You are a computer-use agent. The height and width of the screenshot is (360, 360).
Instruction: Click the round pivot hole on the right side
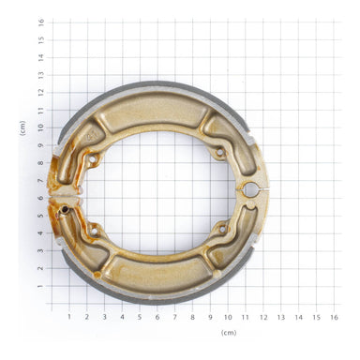click(x=250, y=190)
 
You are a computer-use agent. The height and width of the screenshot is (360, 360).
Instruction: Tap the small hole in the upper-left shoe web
click(x=92, y=161)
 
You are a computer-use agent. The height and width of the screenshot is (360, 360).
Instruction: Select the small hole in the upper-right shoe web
click(x=219, y=151)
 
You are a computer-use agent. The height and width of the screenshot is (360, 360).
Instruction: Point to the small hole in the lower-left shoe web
click(x=93, y=231)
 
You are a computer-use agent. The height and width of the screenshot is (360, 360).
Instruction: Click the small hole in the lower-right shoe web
click(x=222, y=228)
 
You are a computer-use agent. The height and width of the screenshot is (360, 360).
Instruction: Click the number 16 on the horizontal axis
click(x=334, y=317)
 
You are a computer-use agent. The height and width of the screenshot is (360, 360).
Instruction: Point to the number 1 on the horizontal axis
click(x=68, y=317)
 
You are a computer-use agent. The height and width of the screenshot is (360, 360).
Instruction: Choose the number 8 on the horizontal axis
click(x=192, y=317)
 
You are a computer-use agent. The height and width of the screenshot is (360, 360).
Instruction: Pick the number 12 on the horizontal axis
click(x=262, y=317)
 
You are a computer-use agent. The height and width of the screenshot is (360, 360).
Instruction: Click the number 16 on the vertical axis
click(x=40, y=22)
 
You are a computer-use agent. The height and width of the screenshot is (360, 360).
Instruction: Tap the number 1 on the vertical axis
click(x=40, y=286)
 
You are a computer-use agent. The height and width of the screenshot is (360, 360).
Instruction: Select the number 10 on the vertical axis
click(x=40, y=127)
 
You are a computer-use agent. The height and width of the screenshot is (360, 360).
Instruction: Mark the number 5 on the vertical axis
click(x=40, y=216)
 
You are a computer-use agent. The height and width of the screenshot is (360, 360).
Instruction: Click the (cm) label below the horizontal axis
click(x=228, y=333)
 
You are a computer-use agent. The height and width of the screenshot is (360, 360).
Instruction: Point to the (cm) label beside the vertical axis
click(x=22, y=128)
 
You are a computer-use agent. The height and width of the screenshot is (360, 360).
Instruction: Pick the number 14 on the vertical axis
click(x=40, y=57)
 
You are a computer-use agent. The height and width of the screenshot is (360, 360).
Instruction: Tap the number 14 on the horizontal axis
click(x=298, y=317)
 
